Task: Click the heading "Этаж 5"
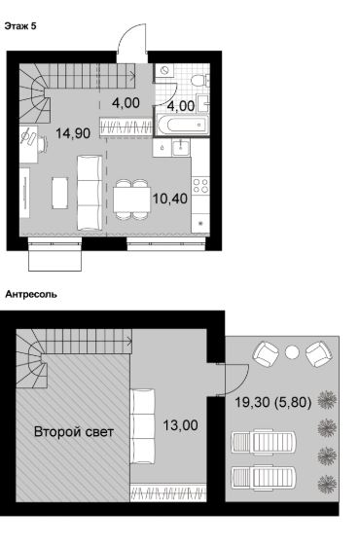tap(20, 26)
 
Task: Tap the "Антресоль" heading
tap(31, 294)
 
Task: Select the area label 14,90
tap(73, 133)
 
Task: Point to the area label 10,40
tap(170, 199)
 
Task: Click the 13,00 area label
tap(181, 425)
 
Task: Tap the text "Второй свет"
tap(74, 432)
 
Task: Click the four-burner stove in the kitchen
tap(200, 185)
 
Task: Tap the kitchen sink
tap(181, 148)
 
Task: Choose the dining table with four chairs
tap(131, 200)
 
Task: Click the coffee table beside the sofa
tap(60, 193)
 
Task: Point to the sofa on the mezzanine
tap(142, 426)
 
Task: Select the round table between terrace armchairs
tap(292, 352)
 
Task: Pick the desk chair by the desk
tap(43, 144)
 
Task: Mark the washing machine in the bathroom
tap(164, 70)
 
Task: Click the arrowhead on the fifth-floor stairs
tap(133, 74)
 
